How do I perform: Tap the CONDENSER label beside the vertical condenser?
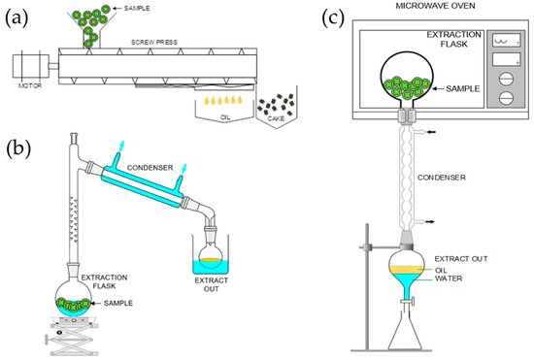447,178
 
